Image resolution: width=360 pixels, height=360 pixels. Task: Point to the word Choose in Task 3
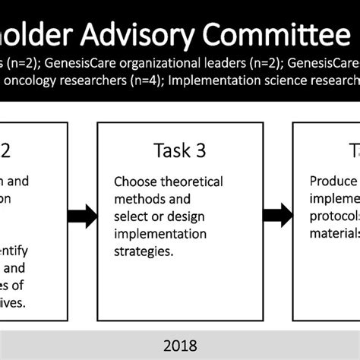(x=134, y=182)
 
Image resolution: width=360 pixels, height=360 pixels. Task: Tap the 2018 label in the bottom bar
(x=180, y=346)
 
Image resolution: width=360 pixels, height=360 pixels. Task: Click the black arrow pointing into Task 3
(x=83, y=216)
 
